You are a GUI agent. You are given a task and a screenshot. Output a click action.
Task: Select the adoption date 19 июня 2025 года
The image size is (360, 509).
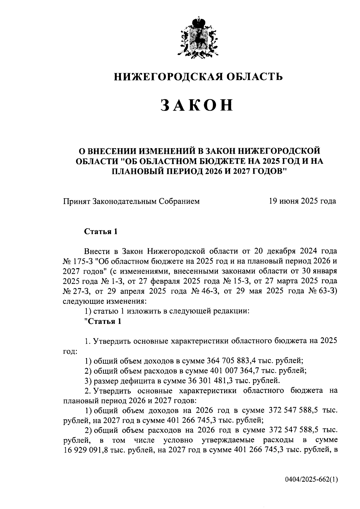pyautogui.click(x=302, y=201)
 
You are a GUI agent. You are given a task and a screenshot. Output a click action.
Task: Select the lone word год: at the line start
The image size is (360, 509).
pyautogui.click(x=70, y=351)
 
